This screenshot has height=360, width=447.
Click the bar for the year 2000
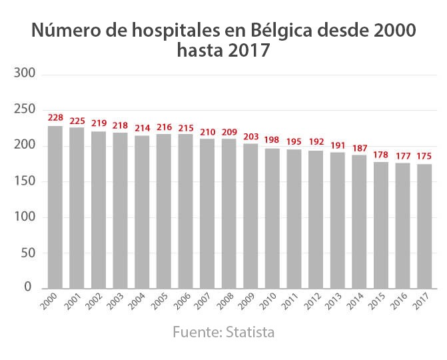(55, 207)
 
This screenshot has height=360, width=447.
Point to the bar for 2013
(338, 220)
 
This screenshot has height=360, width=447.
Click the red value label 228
(55, 118)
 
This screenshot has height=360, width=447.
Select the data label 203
(250, 136)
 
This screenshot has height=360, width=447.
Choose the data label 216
(164, 127)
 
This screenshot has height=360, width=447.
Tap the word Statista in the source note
(250, 331)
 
